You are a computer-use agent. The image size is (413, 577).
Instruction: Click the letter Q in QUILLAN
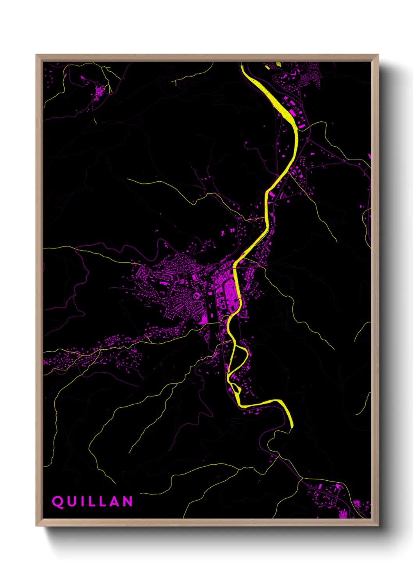58,501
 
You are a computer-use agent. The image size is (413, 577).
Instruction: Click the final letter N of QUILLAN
128,501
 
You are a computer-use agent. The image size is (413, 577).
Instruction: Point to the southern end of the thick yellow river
291,426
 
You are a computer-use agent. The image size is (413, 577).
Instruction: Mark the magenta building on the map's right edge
369,157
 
